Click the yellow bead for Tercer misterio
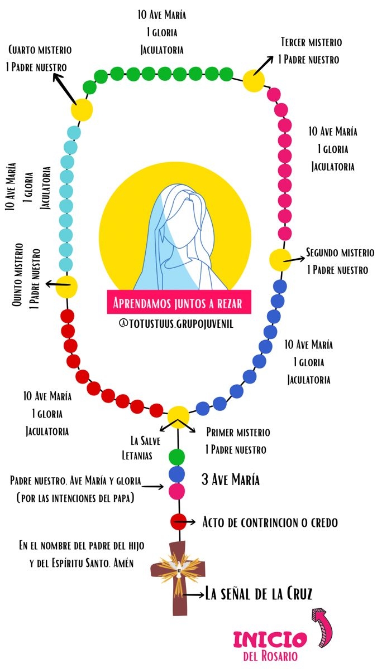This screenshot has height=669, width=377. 254,81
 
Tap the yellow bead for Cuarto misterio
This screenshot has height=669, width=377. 82,109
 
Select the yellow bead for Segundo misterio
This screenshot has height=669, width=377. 280,260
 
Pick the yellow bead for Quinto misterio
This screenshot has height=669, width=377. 66,286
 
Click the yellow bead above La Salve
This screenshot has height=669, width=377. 178,416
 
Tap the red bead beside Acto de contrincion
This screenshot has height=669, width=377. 178,522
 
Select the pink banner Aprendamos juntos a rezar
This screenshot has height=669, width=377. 179,303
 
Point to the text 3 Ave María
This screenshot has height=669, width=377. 230,479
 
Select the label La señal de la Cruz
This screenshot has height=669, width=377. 259,594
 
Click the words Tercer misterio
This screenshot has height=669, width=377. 311,42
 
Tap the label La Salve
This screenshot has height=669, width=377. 146,441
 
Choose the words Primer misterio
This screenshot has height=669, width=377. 238,432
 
